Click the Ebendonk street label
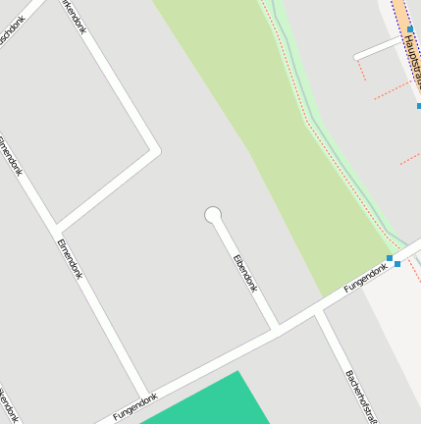244,274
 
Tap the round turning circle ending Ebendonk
212,215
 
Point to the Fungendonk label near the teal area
135,406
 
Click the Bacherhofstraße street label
360,396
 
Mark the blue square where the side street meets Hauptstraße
410,30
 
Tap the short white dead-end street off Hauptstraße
378,48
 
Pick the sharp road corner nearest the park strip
154,150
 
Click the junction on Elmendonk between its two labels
55,226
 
